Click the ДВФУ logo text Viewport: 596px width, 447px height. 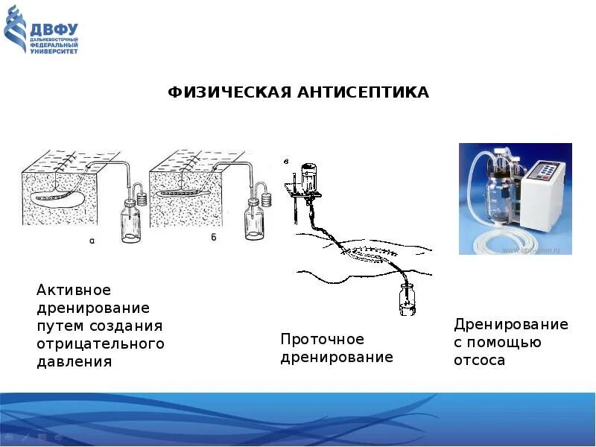click(x=54, y=29)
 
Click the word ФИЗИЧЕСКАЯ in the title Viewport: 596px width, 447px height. click(x=226, y=92)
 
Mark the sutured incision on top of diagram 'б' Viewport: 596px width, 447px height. click(x=194, y=160)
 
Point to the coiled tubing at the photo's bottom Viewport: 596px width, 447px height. click(x=492, y=239)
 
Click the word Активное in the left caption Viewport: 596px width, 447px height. click(x=74, y=290)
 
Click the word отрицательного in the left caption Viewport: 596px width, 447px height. click(x=100, y=344)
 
